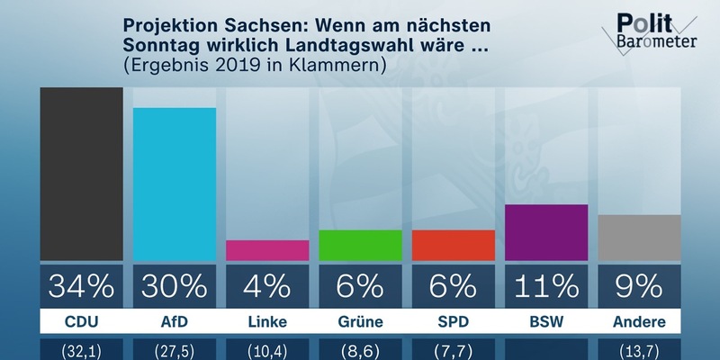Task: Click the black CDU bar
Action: [81, 174]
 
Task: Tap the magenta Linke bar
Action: [267, 249]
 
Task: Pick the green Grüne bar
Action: [360, 245]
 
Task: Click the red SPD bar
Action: [453, 245]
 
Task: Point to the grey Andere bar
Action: [639, 237]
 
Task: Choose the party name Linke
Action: [267, 322]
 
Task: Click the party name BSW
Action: [546, 322]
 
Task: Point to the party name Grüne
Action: [360, 322]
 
